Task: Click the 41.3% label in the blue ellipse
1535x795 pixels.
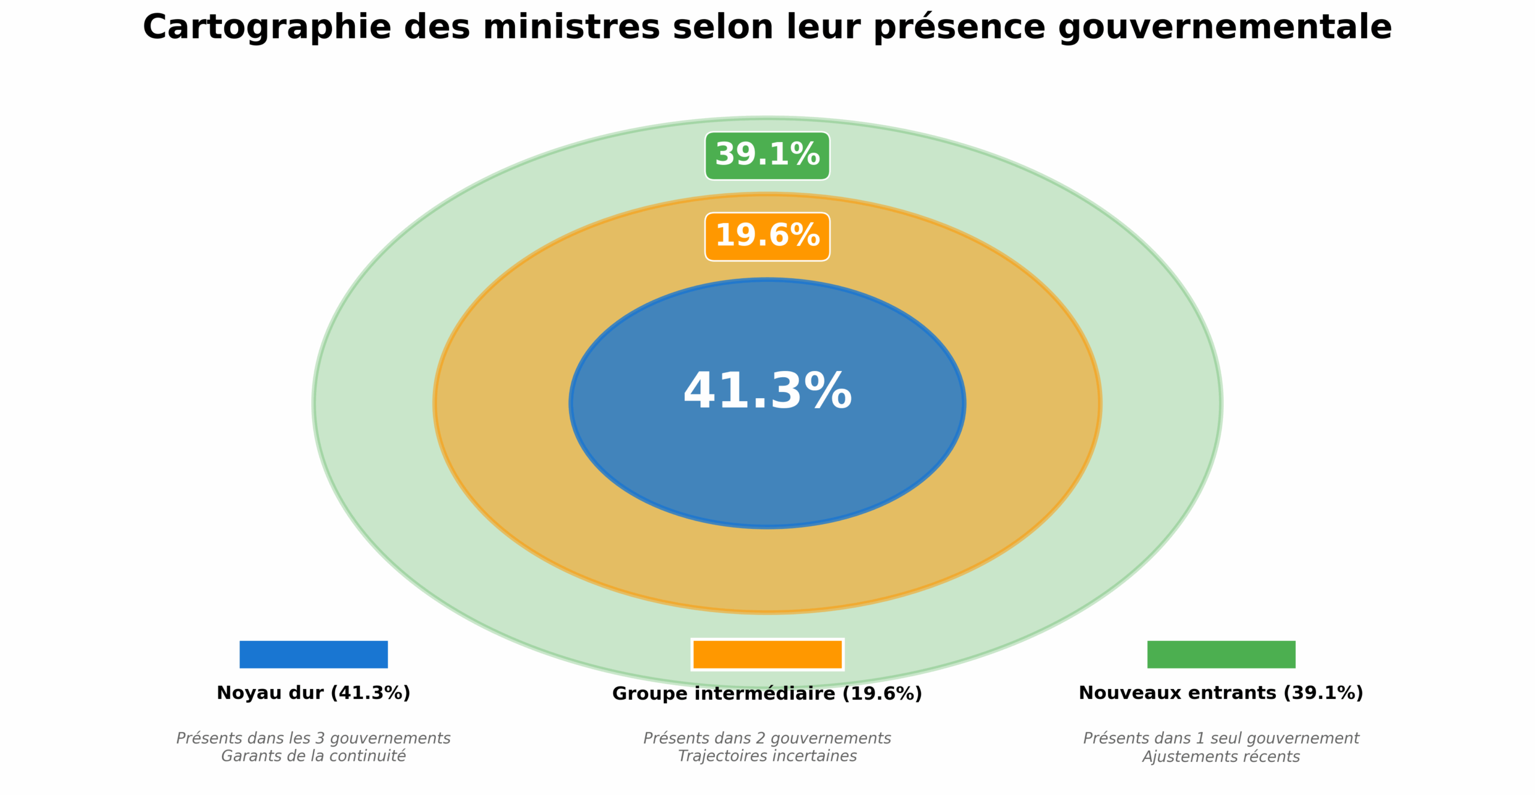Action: pyautogui.click(x=767, y=392)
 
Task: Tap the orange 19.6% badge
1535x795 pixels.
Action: pyautogui.click(x=767, y=236)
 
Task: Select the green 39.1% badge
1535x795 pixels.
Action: pyautogui.click(x=767, y=155)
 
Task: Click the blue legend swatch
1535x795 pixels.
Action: pyautogui.click(x=313, y=654)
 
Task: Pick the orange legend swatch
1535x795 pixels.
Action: pyautogui.click(x=767, y=654)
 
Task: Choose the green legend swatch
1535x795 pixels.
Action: pyautogui.click(x=1221, y=654)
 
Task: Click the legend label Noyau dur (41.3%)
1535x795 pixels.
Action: pyautogui.click(x=313, y=693)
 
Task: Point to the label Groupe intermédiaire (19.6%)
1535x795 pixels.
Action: pyautogui.click(x=767, y=694)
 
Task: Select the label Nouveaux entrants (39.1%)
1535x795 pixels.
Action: pyautogui.click(x=1221, y=693)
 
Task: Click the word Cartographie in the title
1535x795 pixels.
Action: pyautogui.click(x=267, y=28)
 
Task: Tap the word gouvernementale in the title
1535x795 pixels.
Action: pyautogui.click(x=1225, y=28)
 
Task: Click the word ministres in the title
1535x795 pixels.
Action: pyautogui.click(x=571, y=28)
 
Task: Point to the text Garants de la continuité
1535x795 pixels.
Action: pyautogui.click(x=313, y=756)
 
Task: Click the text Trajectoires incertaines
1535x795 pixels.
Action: pyautogui.click(x=767, y=756)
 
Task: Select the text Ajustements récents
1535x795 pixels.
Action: pyautogui.click(x=1221, y=757)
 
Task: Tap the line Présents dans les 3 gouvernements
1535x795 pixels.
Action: pyautogui.click(x=313, y=738)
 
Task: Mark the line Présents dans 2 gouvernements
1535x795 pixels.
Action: pyautogui.click(x=767, y=738)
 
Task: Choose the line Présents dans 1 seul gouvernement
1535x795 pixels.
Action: pyautogui.click(x=1221, y=738)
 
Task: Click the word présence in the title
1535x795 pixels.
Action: pyautogui.click(x=959, y=28)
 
